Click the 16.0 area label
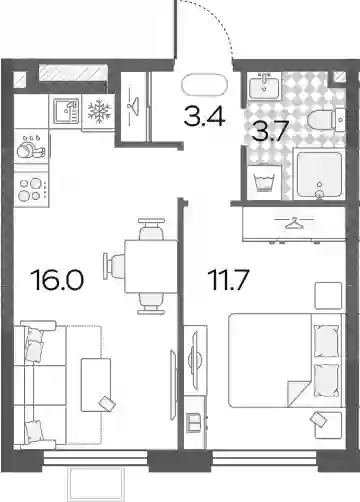point(57,279)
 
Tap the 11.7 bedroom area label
point(228,279)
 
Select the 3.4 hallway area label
point(205,116)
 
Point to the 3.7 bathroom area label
point(269,130)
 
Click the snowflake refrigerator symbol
point(99,111)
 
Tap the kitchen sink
point(66,111)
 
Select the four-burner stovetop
point(31,190)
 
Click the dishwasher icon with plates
point(31,147)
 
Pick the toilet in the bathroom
point(325,120)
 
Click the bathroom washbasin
point(264,86)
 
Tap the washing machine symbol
point(264,182)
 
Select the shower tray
point(319,175)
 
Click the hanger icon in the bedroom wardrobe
point(294,222)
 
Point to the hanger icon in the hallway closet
point(133,106)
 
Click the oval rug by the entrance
point(204,84)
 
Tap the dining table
point(151,266)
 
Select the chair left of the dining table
point(114,266)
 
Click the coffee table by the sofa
point(96,385)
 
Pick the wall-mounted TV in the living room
point(173,385)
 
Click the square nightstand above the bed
point(328,296)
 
